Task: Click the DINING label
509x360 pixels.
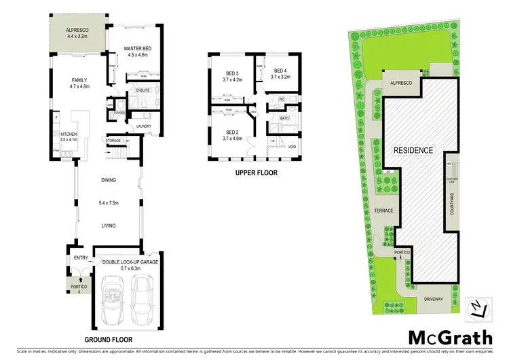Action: (108, 180)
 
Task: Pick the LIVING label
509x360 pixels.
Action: (108, 226)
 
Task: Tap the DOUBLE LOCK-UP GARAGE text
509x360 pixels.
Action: (131, 262)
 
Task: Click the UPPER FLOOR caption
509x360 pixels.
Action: (256, 173)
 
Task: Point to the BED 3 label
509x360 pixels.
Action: (232, 75)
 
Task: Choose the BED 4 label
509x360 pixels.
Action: (280, 71)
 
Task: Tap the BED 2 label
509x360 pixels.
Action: (232, 132)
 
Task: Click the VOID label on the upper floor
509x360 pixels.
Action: (292, 147)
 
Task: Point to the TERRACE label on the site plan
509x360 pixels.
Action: (383, 211)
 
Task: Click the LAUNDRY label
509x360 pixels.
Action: (143, 126)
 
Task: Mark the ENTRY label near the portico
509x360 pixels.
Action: (81, 257)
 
